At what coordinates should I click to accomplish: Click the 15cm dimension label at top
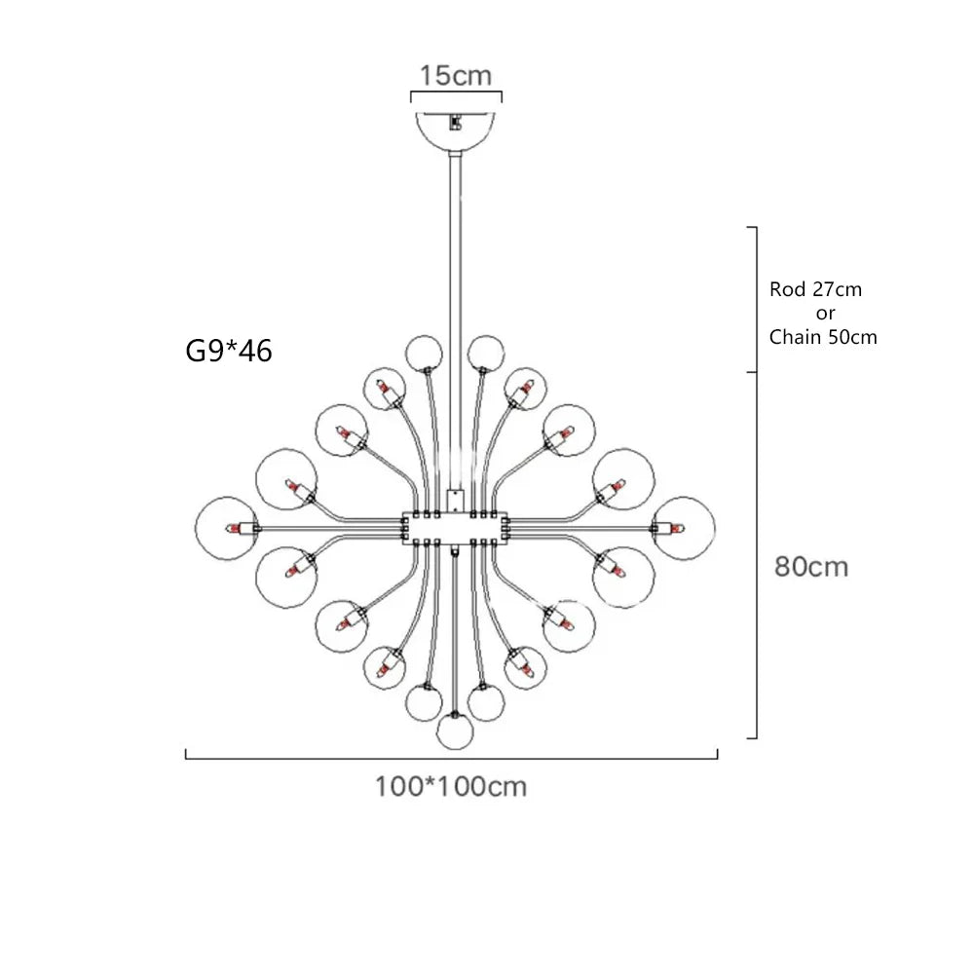pyautogui.click(x=456, y=75)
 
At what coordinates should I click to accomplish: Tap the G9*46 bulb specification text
pyautogui.click(x=229, y=350)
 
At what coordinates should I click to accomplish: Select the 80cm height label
pyautogui.click(x=811, y=566)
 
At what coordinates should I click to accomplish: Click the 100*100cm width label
pyautogui.click(x=451, y=785)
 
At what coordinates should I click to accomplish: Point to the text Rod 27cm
pyautogui.click(x=816, y=289)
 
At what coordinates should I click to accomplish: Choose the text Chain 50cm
pyautogui.click(x=823, y=338)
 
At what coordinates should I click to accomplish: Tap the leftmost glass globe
pyautogui.click(x=225, y=527)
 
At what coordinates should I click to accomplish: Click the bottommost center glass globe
pyautogui.click(x=454, y=731)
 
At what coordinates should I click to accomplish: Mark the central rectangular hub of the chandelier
pyautogui.click(x=454, y=527)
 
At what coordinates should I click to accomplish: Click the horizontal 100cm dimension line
pyautogui.click(x=451, y=756)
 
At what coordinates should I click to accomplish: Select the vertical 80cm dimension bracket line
pyautogui.click(x=756, y=555)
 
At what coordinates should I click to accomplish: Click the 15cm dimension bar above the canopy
pyautogui.click(x=456, y=95)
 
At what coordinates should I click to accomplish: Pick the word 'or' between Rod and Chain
pyautogui.click(x=825, y=314)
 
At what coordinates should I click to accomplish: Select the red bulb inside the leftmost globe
pyautogui.click(x=235, y=528)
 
